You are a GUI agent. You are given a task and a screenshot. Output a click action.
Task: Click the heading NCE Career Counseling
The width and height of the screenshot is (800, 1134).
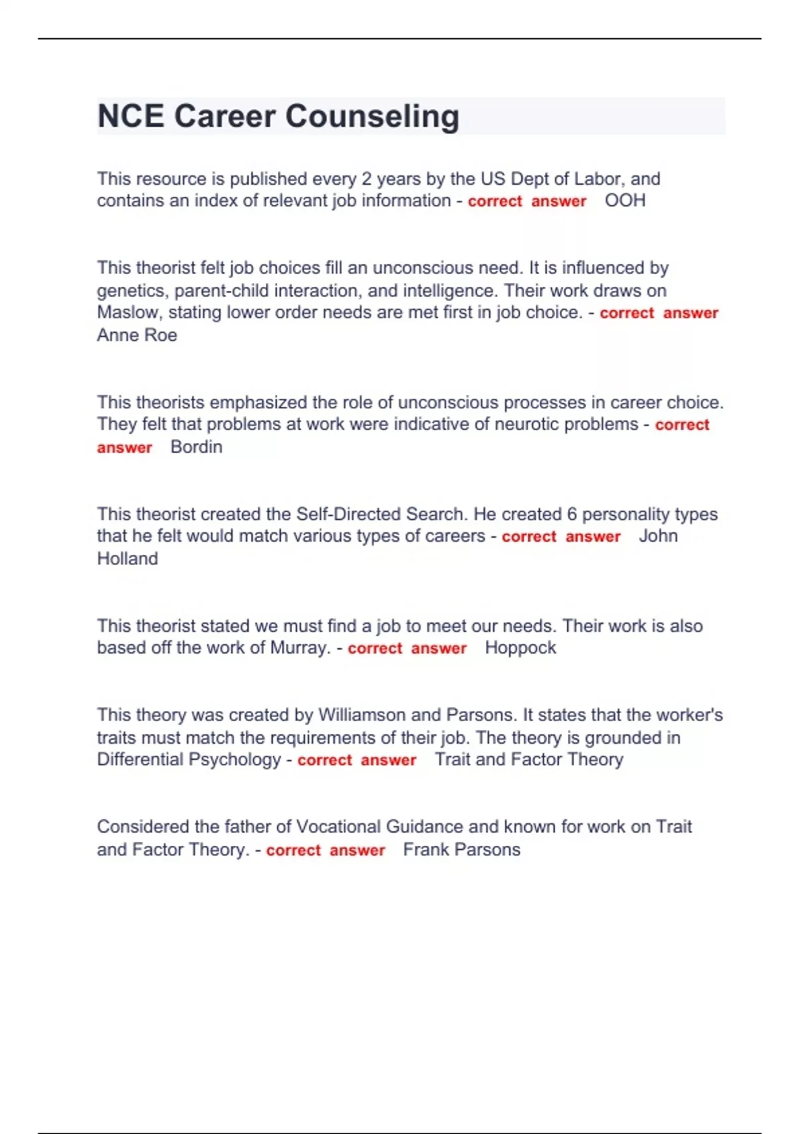coord(278,116)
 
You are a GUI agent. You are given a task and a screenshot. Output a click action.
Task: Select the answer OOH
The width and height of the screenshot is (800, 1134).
coord(625,201)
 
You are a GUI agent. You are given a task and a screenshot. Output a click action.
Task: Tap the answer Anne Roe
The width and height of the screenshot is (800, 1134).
coord(137,335)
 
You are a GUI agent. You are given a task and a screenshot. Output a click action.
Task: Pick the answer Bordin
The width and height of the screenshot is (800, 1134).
coord(196,447)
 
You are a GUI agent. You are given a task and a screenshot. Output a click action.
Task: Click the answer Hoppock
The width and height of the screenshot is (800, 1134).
coord(520,648)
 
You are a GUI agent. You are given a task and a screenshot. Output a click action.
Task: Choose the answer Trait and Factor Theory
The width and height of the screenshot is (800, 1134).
coord(529,760)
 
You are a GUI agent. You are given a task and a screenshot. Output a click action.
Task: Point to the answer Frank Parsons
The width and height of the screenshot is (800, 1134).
coord(461,850)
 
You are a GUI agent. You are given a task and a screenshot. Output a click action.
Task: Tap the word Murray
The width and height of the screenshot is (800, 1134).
coord(299,648)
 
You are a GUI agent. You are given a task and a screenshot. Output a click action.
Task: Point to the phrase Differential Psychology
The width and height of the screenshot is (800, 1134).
coord(189,760)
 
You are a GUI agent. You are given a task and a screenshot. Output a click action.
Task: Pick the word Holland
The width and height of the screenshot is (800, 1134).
coord(127,559)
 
